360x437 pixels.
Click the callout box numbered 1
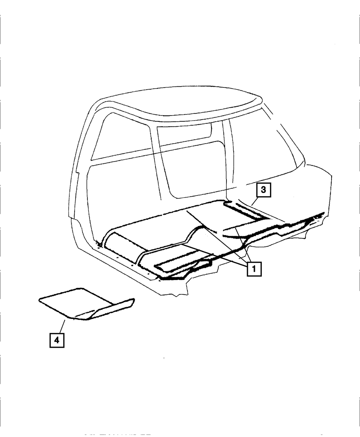(x=253, y=269)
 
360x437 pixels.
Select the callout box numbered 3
(x=263, y=190)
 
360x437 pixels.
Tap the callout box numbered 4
(x=57, y=339)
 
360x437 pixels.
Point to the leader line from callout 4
(x=62, y=325)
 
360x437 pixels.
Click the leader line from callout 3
(x=255, y=202)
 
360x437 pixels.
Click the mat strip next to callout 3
(x=245, y=212)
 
